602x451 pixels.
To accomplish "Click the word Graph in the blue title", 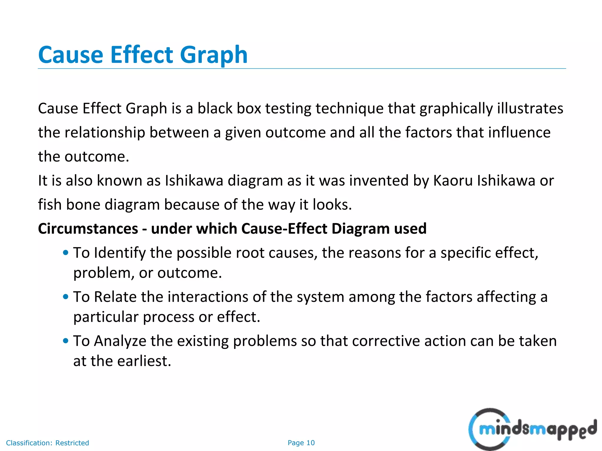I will tap(214, 55).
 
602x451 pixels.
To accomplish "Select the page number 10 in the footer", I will tap(310, 443).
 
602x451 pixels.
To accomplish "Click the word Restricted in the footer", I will tap(72, 443).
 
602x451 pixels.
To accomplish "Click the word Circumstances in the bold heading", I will tap(88, 229).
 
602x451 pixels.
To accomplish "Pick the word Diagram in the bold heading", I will tap(361, 229).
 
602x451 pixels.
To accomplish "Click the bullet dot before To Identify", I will tap(66, 253).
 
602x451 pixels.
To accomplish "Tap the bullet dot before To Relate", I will tap(66, 297).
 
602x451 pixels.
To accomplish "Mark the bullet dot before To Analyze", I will tap(66, 341).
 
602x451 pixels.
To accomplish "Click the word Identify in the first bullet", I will tap(120, 253).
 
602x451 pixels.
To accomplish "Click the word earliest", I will tap(144, 361).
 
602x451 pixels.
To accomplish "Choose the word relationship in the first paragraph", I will tap(105, 133).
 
